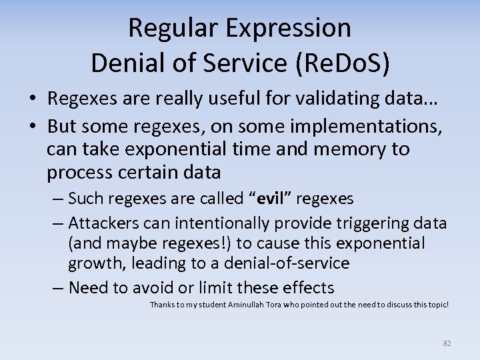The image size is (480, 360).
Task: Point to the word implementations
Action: (x=376, y=123)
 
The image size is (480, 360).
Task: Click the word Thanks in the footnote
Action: (x=163, y=305)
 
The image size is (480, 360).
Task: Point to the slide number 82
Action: (x=447, y=343)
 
